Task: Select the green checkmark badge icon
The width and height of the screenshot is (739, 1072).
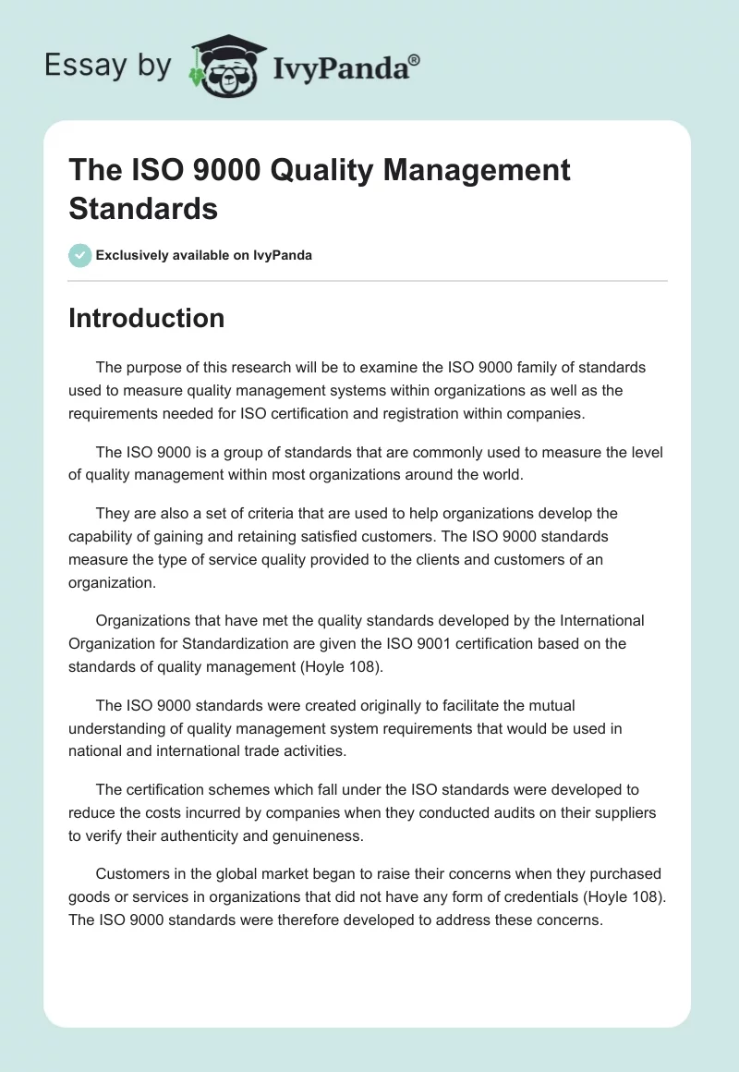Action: (80, 255)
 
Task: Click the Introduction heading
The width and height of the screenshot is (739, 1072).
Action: (146, 318)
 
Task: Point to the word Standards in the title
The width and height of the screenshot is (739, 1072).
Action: (143, 208)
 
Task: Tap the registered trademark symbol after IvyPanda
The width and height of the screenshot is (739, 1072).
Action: (414, 58)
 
